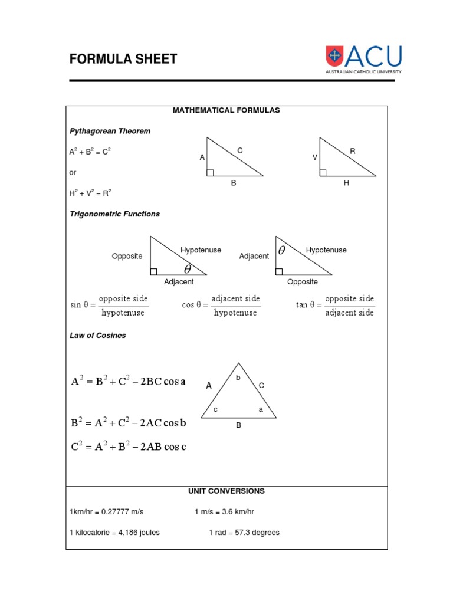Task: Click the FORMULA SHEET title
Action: click(x=123, y=59)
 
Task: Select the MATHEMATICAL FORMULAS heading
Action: click(x=226, y=110)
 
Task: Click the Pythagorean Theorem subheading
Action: click(x=110, y=131)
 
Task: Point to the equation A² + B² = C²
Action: click(x=90, y=152)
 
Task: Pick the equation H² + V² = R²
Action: click(x=90, y=193)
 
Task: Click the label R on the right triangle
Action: click(x=353, y=152)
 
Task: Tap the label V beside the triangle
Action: click(x=315, y=158)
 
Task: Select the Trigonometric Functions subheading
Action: click(x=114, y=214)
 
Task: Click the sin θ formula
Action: click(x=110, y=306)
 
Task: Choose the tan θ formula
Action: click(x=335, y=306)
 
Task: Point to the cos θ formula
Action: click(x=221, y=306)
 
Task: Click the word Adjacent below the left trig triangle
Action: click(x=179, y=282)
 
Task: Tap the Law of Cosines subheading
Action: click(x=98, y=336)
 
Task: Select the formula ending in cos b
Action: click(x=129, y=423)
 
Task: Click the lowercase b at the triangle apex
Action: click(x=238, y=377)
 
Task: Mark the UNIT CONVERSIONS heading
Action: click(x=226, y=491)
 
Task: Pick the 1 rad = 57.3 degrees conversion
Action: click(x=244, y=533)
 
